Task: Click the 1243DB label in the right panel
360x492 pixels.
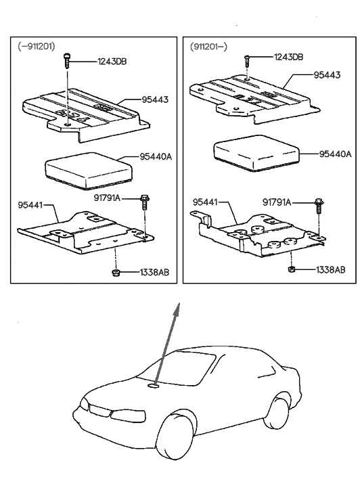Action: (x=289, y=57)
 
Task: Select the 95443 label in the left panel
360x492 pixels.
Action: (x=154, y=99)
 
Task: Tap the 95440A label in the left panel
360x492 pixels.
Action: (x=156, y=156)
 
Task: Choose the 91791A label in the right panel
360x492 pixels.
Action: (x=277, y=202)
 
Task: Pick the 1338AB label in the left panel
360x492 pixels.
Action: (x=154, y=273)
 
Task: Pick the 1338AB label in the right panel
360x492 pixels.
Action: (x=330, y=269)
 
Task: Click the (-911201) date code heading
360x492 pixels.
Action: (x=37, y=45)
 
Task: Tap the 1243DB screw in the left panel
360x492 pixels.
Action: (x=66, y=62)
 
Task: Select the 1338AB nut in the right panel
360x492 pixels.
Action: (x=292, y=269)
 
